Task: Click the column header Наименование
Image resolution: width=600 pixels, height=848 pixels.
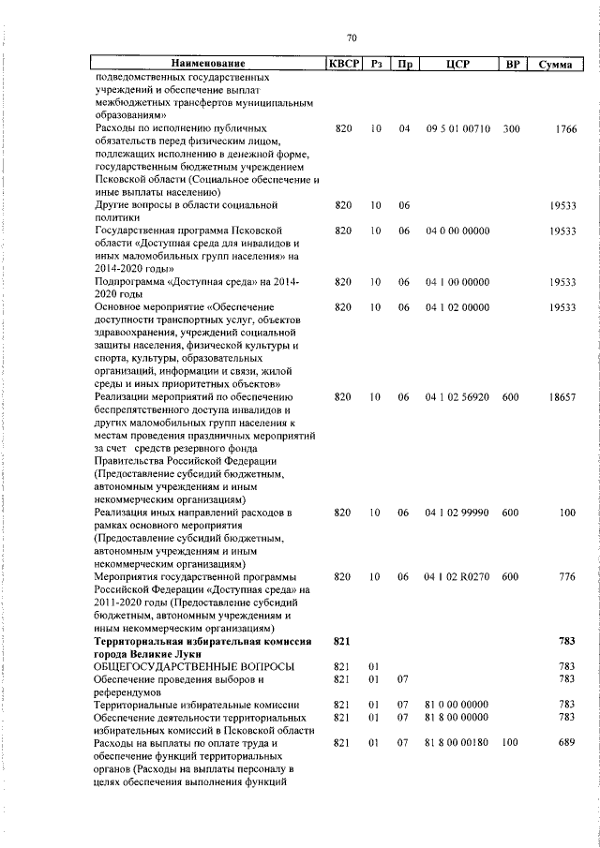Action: [207, 64]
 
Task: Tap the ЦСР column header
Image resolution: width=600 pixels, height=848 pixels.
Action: [457, 64]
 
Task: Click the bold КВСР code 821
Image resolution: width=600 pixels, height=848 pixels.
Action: [341, 640]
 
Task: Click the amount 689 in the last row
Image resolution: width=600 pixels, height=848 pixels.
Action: [566, 743]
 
